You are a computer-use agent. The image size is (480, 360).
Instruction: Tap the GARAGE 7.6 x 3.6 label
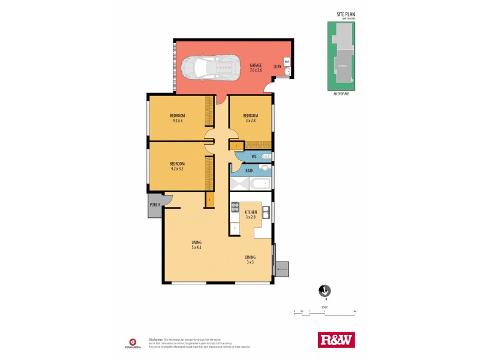(x=256, y=68)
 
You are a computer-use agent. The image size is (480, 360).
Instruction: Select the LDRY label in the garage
(x=278, y=67)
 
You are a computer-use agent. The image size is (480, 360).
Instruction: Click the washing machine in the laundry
(x=287, y=62)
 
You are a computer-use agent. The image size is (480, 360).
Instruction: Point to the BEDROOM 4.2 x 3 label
(x=177, y=118)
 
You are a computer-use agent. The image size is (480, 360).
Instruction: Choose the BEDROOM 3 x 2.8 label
(x=250, y=118)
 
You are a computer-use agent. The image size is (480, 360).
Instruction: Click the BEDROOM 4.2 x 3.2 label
(x=177, y=166)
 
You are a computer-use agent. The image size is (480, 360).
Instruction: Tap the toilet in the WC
(x=267, y=157)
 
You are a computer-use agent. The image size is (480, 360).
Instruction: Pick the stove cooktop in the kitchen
(x=235, y=209)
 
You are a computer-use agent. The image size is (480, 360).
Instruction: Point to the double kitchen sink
(x=266, y=211)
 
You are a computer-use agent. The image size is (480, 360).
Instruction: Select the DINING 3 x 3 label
(x=250, y=259)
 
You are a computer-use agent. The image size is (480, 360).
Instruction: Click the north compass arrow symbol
(x=324, y=291)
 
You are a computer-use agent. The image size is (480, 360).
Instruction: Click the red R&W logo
(x=336, y=340)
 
